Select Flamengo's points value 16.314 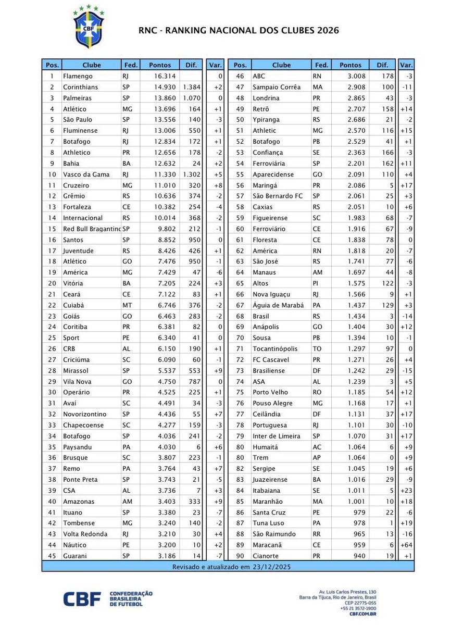click(160, 76)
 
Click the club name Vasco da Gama click(84, 174)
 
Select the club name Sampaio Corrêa click(277, 87)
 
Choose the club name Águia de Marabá click(278, 305)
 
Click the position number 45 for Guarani click(52, 556)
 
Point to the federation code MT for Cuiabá click(127, 305)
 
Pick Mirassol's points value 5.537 click(160, 370)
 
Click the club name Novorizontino click(84, 414)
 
